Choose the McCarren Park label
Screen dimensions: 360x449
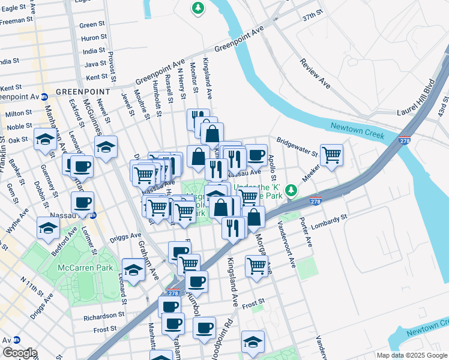77,268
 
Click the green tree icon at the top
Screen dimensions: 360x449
197,8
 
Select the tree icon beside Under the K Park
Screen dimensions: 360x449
291,190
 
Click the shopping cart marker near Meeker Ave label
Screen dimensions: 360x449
331,155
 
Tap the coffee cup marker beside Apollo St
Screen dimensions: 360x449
256,155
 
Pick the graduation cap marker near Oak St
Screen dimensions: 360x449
45,139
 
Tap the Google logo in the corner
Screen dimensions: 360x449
19,353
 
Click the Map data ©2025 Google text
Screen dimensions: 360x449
411,355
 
